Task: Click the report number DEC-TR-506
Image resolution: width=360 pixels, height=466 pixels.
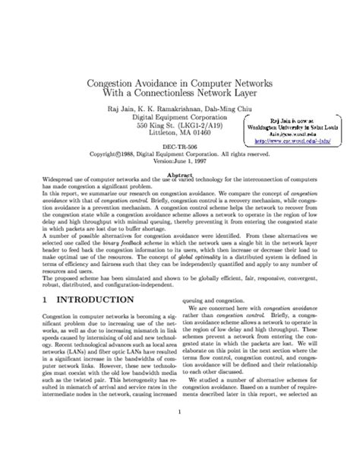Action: coord(179,151)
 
